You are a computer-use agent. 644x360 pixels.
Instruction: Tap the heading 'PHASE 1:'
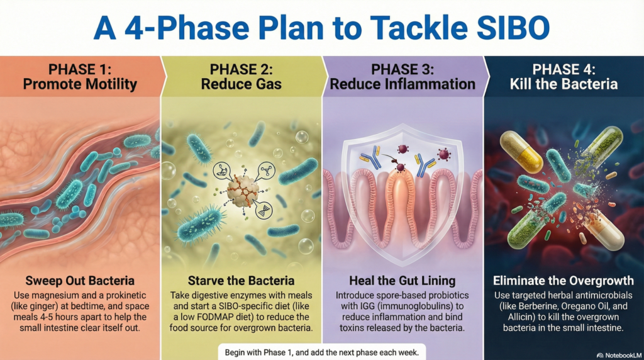(x=80, y=69)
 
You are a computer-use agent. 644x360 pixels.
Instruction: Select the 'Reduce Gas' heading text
(x=241, y=84)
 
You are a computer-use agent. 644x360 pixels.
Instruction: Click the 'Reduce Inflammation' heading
(x=402, y=84)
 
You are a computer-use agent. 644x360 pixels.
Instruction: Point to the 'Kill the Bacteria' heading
(x=563, y=84)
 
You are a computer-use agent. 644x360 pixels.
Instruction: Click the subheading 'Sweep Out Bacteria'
(x=80, y=281)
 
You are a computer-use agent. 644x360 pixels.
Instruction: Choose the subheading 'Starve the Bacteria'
(x=241, y=281)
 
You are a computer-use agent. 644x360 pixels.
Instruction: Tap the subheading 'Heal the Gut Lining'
(x=402, y=281)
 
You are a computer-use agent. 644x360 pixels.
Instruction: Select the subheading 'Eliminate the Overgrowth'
(x=563, y=281)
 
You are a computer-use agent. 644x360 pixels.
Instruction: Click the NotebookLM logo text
(x=619, y=355)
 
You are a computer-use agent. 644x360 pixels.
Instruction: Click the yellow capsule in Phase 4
(x=521, y=152)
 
